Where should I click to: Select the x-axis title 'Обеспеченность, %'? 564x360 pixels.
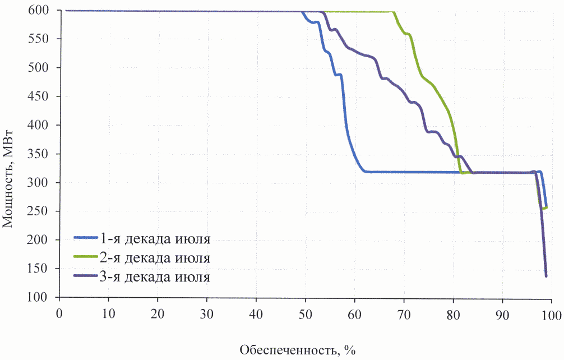tap(298, 350)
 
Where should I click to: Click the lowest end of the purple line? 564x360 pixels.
tap(546, 276)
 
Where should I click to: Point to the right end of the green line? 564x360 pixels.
tap(546, 207)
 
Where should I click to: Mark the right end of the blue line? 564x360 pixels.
tap(546, 206)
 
